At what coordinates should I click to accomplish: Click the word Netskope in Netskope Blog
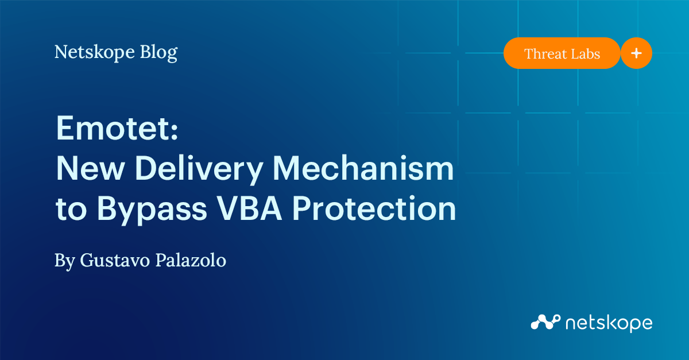[94, 52]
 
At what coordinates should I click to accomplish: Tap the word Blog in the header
[158, 52]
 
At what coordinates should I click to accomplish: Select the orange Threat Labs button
[562, 53]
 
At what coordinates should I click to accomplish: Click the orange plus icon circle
[636, 53]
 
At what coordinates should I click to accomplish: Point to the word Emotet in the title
[113, 128]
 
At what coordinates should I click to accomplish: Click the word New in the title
[91, 168]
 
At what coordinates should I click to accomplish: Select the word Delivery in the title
[199, 169]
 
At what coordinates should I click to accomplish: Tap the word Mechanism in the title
[363, 168]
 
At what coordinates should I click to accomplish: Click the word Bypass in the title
[152, 210]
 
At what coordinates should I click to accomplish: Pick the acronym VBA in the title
[249, 208]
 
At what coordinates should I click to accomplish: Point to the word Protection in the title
[374, 208]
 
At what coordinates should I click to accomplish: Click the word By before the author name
[64, 261]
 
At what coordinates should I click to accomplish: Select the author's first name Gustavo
[115, 260]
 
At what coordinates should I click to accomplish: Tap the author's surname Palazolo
[191, 260]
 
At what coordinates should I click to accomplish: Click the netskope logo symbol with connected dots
[545, 322]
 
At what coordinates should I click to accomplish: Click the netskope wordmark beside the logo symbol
[609, 323]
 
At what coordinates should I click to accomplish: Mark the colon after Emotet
[175, 130]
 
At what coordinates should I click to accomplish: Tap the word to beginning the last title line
[71, 210]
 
